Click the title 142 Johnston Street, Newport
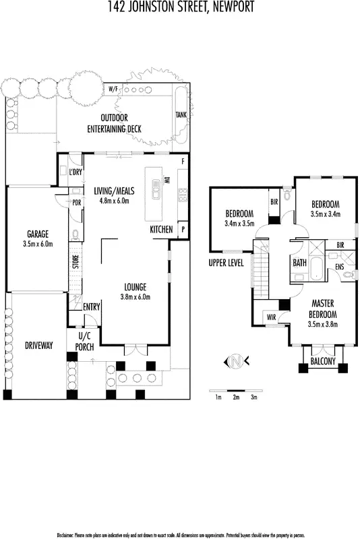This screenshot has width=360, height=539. [180, 7]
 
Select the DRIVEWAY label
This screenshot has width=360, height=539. [38, 345]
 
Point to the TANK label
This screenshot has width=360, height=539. [181, 115]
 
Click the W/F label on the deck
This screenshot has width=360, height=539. [113, 88]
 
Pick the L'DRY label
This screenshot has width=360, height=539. [76, 172]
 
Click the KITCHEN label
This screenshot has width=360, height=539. [162, 230]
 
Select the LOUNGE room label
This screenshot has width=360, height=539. [134, 291]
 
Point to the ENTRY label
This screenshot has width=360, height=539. [91, 307]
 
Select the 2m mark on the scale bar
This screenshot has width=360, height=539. [235, 398]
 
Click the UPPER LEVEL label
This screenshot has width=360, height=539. [226, 263]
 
